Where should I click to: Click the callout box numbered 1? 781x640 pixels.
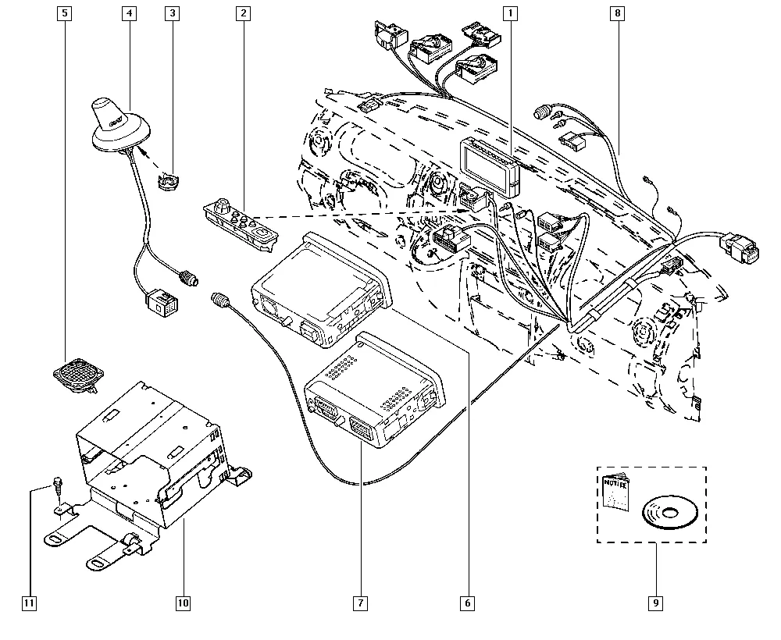pyautogui.click(x=510, y=13)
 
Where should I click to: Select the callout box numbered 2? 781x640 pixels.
pyautogui.click(x=244, y=13)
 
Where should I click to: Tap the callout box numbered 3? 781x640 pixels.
pyautogui.click(x=173, y=13)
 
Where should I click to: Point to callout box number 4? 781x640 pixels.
pyautogui.click(x=128, y=13)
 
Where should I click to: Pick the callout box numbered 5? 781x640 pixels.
pyautogui.click(x=64, y=13)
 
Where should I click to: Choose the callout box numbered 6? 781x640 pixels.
pyautogui.click(x=468, y=603)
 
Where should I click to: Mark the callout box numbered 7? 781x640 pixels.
pyautogui.click(x=360, y=603)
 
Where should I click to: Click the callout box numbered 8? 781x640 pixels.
pyautogui.click(x=618, y=13)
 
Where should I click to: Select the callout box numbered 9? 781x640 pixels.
pyautogui.click(x=654, y=603)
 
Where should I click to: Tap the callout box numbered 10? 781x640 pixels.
pyautogui.click(x=183, y=603)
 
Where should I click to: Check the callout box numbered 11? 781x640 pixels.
pyautogui.click(x=30, y=603)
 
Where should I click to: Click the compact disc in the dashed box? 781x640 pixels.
pyautogui.click(x=669, y=514)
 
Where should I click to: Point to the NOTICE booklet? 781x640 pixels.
pyautogui.click(x=616, y=500)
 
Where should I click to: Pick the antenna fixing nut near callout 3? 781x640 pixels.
pyautogui.click(x=166, y=183)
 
